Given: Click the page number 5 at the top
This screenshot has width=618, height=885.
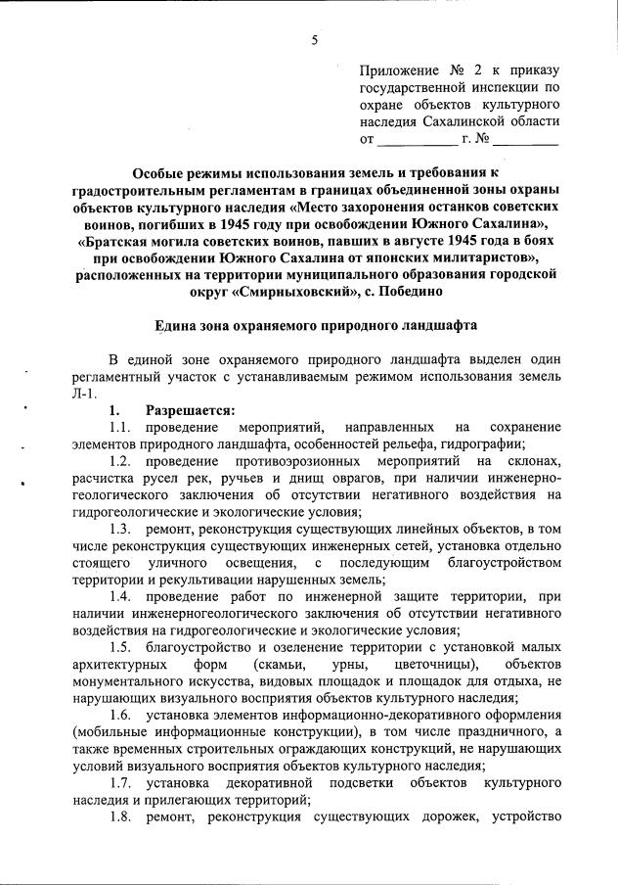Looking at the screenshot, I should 314,40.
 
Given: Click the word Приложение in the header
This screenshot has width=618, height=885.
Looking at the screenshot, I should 398,70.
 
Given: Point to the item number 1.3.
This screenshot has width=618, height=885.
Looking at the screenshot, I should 120,529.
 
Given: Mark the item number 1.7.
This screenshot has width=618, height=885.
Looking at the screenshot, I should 120,783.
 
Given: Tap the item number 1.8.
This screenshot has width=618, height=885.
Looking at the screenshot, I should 120,817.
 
